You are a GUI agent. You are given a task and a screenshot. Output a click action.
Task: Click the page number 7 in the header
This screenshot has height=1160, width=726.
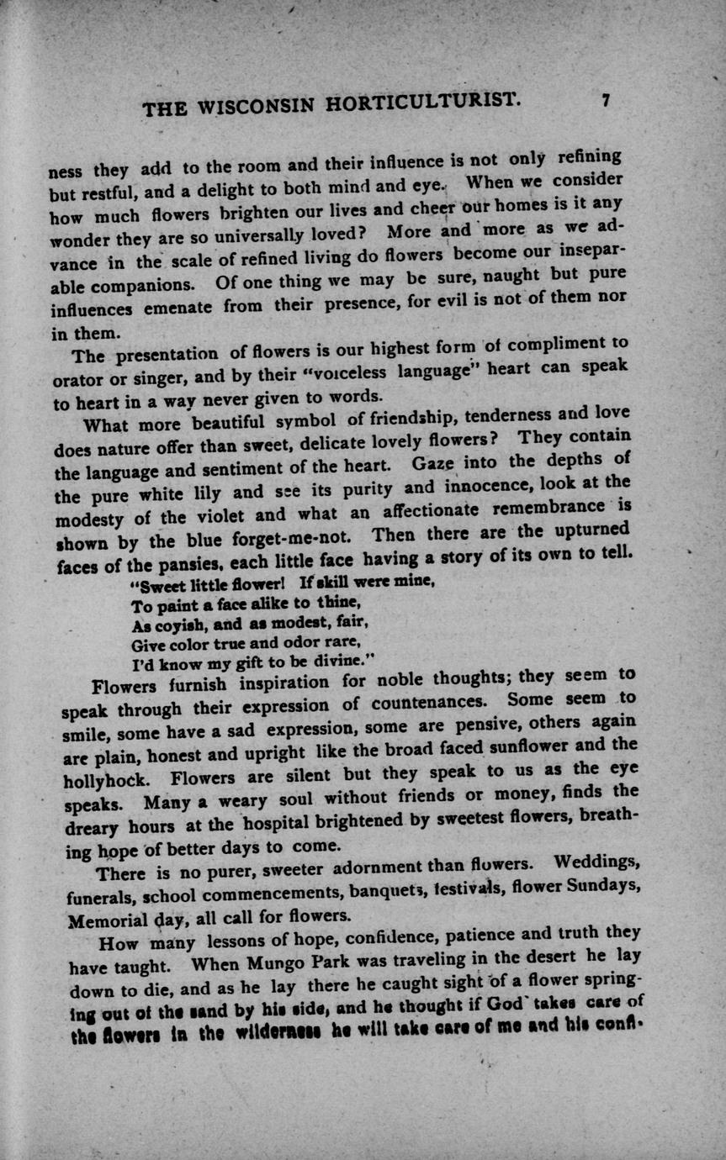(x=604, y=100)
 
